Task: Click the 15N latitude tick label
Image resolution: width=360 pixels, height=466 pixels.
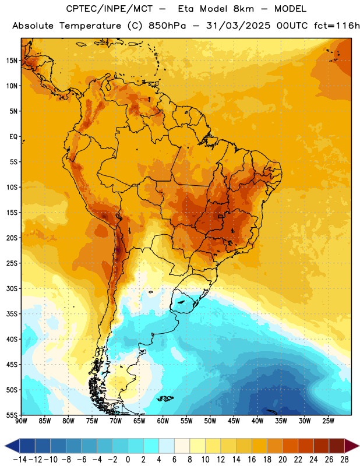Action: pyautogui.click(x=12, y=61)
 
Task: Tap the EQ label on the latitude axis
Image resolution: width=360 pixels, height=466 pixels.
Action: pyautogui.click(x=13, y=137)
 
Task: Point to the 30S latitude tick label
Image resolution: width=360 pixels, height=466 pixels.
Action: pyautogui.click(x=12, y=288)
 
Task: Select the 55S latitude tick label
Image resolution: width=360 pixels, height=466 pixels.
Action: pyautogui.click(x=12, y=415)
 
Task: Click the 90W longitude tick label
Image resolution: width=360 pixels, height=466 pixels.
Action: pyautogui.click(x=21, y=421)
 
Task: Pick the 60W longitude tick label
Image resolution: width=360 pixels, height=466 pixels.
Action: pyautogui.click(x=163, y=421)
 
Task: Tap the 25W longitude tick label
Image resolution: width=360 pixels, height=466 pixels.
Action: pyautogui.click(x=328, y=421)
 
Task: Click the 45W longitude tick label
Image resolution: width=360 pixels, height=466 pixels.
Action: pyautogui.click(x=234, y=421)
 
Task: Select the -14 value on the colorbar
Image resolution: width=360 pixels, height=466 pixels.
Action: pyautogui.click(x=20, y=460)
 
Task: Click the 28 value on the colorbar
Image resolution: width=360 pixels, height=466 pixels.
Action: pyautogui.click(x=344, y=460)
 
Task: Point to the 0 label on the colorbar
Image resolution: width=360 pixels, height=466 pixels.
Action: pyautogui.click(x=128, y=460)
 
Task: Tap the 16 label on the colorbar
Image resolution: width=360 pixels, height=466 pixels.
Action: pyautogui.click(x=252, y=460)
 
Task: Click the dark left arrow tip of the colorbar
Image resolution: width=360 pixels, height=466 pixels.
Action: pyautogui.click(x=5, y=446)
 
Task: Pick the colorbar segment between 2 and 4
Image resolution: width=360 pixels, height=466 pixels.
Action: pyautogui.click(x=151, y=446)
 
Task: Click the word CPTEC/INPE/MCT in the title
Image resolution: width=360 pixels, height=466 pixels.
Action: pyautogui.click(x=109, y=9)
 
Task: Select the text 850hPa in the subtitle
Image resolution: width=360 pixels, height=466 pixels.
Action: pyautogui.click(x=167, y=26)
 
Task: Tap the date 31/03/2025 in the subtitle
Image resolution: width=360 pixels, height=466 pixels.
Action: pyautogui.click(x=238, y=26)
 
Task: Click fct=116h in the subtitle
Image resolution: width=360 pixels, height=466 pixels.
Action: pyautogui.click(x=337, y=26)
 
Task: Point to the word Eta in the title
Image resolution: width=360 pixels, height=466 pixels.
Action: pyautogui.click(x=186, y=9)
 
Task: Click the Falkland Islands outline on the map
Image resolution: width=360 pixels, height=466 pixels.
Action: pyautogui.click(x=165, y=398)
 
